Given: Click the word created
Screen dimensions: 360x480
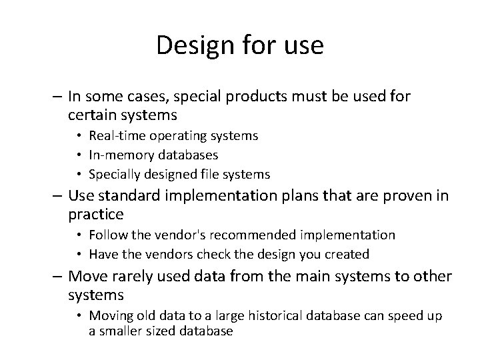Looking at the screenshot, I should point(347,254).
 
